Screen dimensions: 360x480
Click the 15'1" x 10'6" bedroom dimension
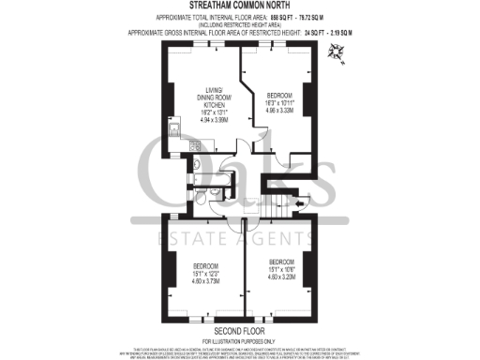coord(281,269)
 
